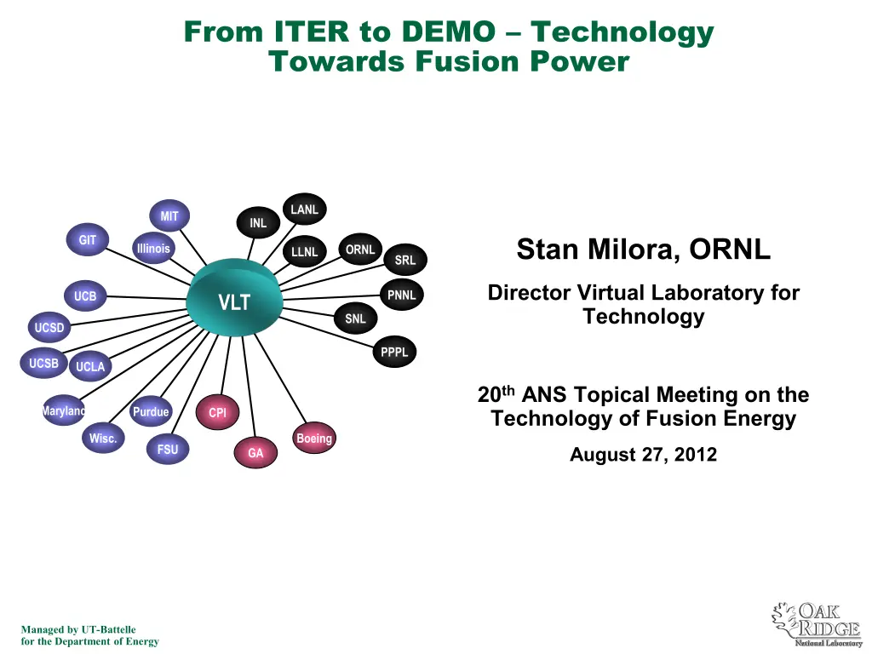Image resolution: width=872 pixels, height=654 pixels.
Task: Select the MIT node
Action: click(169, 215)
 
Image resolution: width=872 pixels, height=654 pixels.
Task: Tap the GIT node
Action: click(88, 239)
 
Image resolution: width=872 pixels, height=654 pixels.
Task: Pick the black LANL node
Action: click(304, 209)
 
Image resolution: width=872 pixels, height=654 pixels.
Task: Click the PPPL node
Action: click(394, 352)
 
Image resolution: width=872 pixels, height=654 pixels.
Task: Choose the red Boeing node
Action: click(314, 439)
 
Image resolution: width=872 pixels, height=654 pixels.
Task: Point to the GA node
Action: click(255, 453)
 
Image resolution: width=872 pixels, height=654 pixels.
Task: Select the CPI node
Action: click(217, 412)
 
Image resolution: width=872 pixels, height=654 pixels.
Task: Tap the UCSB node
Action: click(43, 363)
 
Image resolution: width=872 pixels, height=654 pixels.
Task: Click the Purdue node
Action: click(151, 411)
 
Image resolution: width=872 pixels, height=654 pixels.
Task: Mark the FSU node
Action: click(168, 450)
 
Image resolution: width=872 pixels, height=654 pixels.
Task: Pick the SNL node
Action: click(355, 318)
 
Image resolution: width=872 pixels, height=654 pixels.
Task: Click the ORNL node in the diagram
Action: click(360, 250)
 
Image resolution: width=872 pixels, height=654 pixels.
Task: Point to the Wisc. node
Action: click(103, 439)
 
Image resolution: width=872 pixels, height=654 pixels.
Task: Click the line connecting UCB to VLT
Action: click(146, 297)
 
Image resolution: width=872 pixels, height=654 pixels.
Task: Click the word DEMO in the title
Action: click(448, 32)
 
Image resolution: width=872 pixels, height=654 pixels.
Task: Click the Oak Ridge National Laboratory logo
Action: click(817, 624)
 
